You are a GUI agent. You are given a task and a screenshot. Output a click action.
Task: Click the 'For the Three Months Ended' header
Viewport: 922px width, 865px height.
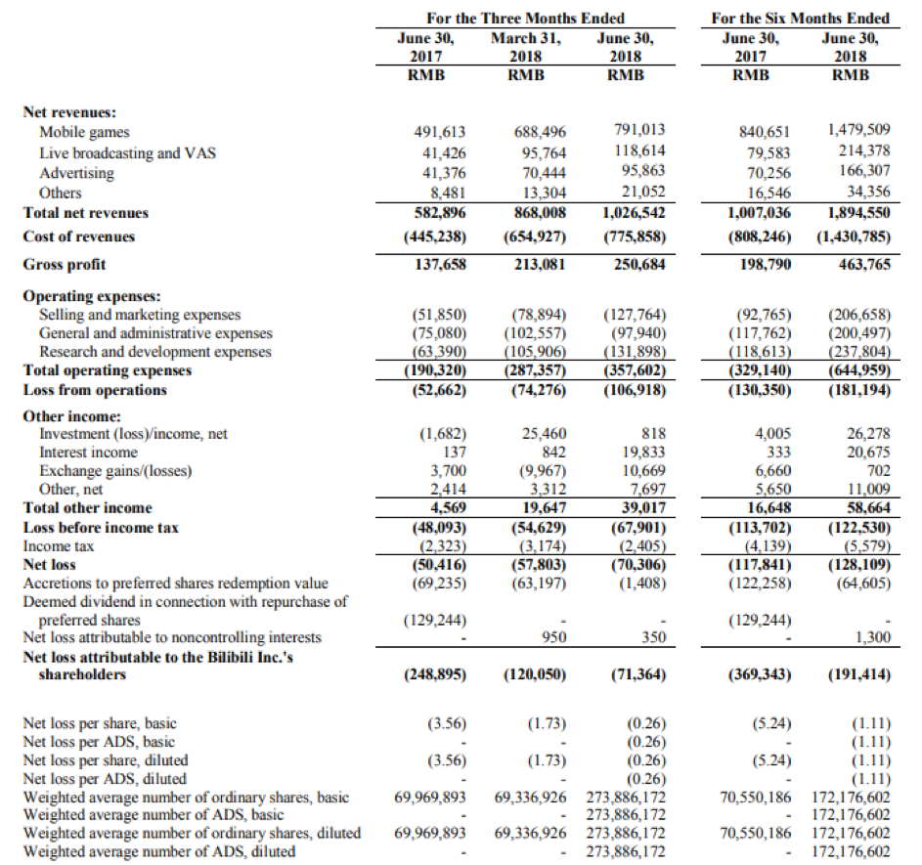point(525,19)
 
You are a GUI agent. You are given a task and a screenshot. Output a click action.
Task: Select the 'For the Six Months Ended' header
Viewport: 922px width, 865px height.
point(800,19)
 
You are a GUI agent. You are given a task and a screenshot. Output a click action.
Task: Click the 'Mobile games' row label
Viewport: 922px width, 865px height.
point(84,132)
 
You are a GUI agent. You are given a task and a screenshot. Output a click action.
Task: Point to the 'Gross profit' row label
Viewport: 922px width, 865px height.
point(65,265)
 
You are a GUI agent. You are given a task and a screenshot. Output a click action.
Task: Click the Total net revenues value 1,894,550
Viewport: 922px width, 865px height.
point(856,212)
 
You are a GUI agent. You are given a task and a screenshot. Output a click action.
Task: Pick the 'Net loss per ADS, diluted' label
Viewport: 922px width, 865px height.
point(105,779)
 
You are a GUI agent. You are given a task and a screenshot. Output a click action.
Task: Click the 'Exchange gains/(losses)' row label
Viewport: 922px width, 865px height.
point(115,471)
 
